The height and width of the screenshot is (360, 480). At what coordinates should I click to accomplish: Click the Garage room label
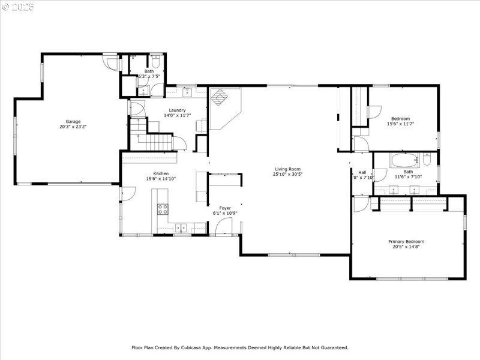69,122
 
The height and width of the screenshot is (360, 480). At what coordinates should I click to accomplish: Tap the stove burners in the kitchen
163,209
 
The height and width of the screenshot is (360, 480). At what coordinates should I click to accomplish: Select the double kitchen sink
182,227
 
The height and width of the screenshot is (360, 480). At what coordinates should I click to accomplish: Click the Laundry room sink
187,92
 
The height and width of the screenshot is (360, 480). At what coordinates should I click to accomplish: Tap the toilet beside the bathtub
427,159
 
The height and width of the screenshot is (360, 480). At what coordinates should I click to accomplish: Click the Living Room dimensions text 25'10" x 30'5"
288,175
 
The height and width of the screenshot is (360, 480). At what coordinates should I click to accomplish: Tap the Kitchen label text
153,173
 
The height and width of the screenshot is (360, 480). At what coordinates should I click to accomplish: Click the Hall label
362,172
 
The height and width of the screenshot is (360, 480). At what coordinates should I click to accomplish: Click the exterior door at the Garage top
110,62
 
